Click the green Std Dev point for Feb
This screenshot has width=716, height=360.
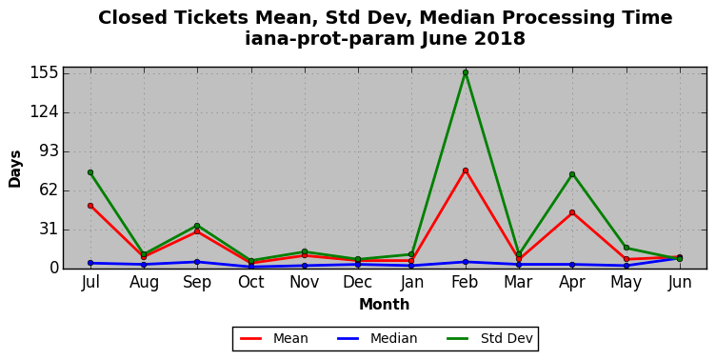(466, 72)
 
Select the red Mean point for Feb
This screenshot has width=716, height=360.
(466, 170)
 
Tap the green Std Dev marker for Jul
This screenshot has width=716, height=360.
(90, 172)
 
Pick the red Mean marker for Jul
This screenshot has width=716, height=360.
(90, 206)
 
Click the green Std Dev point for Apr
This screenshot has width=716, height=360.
(572, 174)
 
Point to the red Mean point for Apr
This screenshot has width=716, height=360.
(572, 212)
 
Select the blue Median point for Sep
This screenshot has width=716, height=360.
(197, 262)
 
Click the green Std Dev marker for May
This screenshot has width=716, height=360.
(626, 248)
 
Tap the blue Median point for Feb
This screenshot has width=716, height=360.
(466, 262)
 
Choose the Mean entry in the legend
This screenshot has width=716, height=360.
(274, 338)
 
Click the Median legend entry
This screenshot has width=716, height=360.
(377, 338)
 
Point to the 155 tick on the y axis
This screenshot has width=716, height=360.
(45, 72)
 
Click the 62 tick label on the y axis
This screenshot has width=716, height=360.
(50, 190)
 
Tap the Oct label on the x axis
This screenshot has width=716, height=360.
(250, 282)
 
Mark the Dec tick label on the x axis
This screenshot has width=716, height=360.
(358, 282)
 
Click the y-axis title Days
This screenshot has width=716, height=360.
(14, 169)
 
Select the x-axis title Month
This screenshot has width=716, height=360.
(384, 304)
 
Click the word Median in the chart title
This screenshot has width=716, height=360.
(458, 18)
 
